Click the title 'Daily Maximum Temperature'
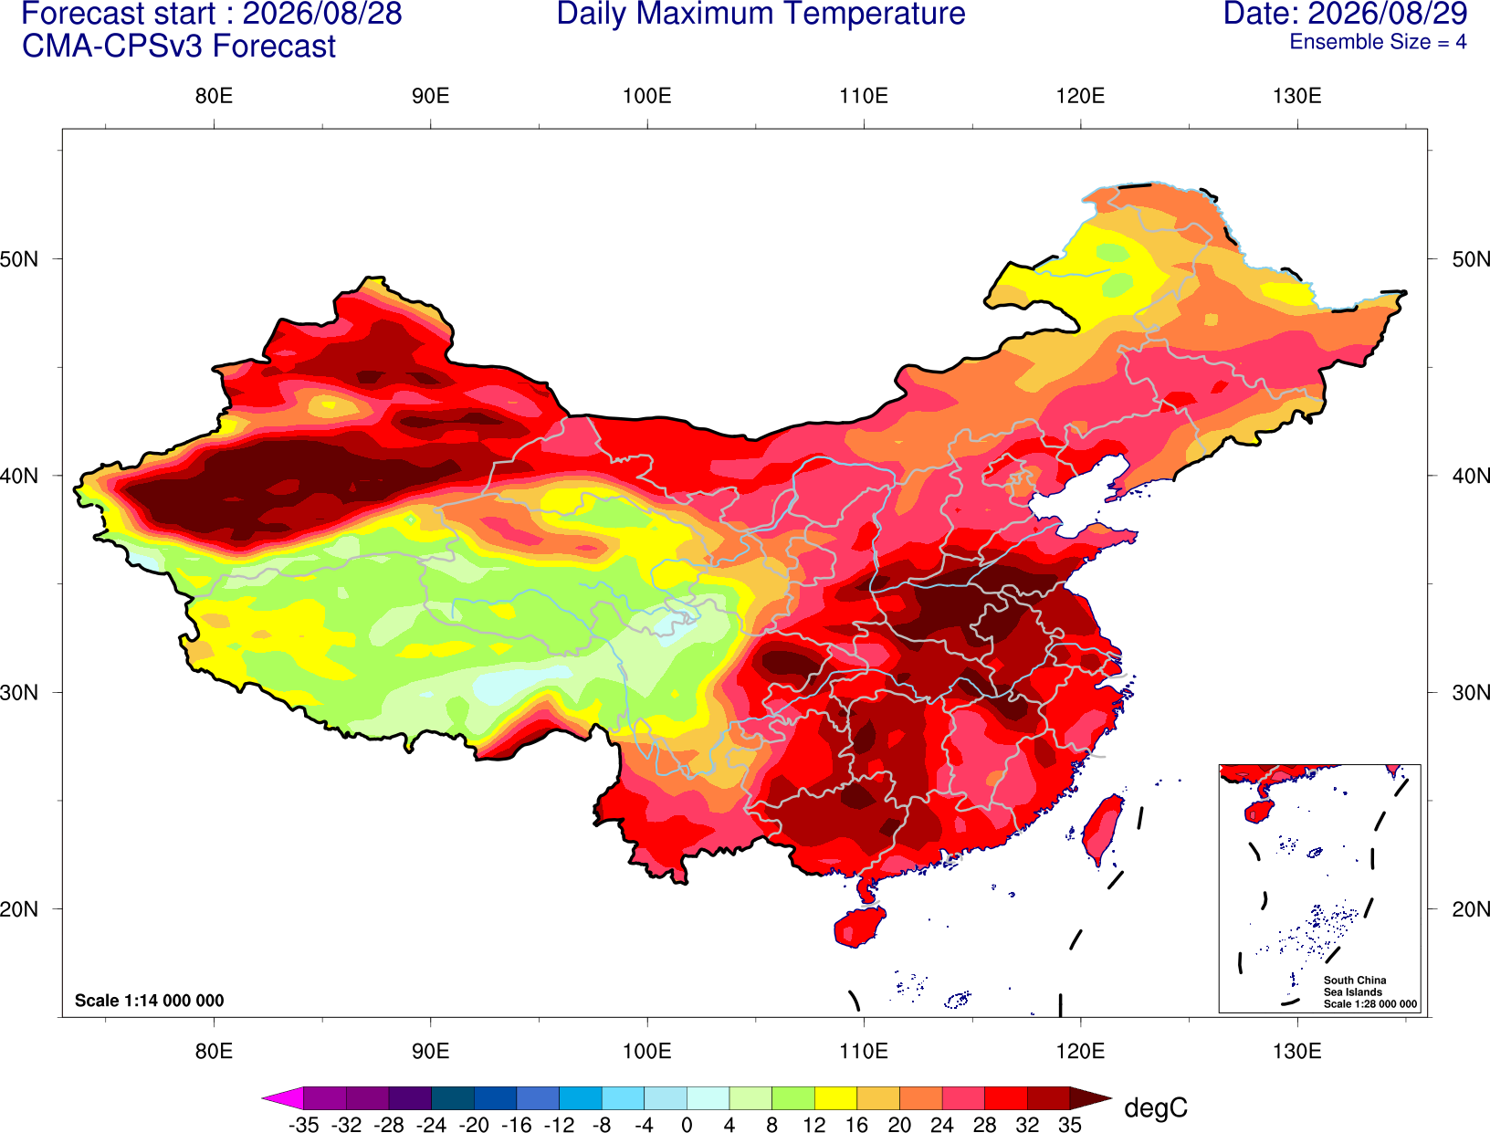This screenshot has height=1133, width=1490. coord(761,14)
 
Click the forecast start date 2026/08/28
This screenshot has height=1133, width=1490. coord(321,14)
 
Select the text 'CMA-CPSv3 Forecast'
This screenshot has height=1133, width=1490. coord(179,47)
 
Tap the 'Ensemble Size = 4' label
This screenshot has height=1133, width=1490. coord(1378,42)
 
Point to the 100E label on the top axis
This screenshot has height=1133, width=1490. coord(647,96)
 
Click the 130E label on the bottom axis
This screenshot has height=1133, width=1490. coord(1296,1052)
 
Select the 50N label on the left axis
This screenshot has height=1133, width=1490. coord(19,259)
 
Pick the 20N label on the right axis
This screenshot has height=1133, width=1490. coord(1470,909)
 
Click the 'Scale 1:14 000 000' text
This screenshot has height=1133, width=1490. coord(150,1001)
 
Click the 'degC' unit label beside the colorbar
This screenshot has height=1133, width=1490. coord(1156,1107)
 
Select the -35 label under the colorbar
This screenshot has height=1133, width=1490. coord(303,1125)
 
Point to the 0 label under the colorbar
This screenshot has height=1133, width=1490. coord(687,1125)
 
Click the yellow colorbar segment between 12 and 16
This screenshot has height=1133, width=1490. coord(835,1097)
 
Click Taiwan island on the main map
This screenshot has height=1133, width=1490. coord(1101,830)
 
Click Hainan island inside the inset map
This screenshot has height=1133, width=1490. coord(1259,811)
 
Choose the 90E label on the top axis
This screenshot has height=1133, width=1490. coord(430,96)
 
